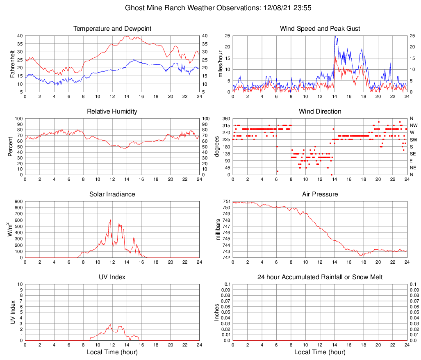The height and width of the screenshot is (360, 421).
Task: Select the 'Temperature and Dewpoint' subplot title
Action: pos(112,29)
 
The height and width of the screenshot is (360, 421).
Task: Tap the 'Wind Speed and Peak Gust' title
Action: pos(320,29)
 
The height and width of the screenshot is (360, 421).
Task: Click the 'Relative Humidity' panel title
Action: pos(112,112)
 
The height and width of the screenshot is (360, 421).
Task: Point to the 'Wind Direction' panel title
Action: pos(320,112)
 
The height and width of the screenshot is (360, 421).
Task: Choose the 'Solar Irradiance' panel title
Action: pos(112,194)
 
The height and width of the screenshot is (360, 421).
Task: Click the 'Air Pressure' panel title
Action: pos(320,194)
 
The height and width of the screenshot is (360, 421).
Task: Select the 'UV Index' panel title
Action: pos(112,277)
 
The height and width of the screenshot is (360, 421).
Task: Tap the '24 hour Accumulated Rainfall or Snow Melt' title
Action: pos(320,277)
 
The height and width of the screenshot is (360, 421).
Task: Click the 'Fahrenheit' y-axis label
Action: pos(12,64)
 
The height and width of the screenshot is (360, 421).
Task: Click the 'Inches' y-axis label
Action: pos(217,312)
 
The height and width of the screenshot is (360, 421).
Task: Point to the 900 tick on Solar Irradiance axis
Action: pos(18,201)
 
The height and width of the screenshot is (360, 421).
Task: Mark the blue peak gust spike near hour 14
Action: pos(335,36)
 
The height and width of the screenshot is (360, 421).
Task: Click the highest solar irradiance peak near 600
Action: pos(110,221)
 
